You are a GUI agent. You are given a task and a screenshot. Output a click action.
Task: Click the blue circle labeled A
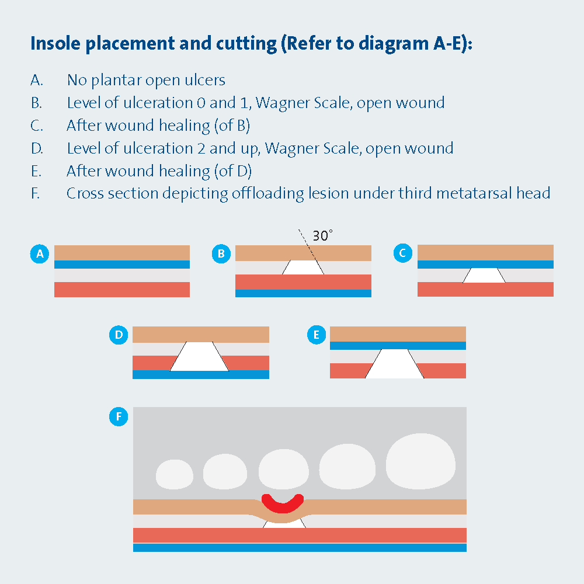point(40,253)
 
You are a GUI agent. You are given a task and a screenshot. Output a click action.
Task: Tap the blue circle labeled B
point(221,253)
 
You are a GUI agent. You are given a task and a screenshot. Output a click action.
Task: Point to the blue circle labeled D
point(119,335)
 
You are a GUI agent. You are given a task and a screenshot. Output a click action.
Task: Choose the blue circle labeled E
point(316,335)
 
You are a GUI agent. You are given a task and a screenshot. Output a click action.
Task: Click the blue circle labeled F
point(119,416)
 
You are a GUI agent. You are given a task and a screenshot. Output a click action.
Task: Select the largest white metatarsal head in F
point(419,461)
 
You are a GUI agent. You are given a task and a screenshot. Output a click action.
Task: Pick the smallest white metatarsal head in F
point(175,474)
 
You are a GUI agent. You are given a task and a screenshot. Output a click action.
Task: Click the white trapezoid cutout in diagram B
point(303,267)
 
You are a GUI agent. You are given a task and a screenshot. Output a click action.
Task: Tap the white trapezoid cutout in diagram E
point(395,364)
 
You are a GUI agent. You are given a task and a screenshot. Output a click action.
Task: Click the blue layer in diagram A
point(121,265)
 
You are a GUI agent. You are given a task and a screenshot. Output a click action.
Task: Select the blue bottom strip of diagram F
point(300,548)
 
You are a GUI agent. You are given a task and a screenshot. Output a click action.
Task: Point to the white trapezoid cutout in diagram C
point(484,276)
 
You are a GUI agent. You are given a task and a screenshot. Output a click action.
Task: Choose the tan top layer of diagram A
point(121,252)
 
